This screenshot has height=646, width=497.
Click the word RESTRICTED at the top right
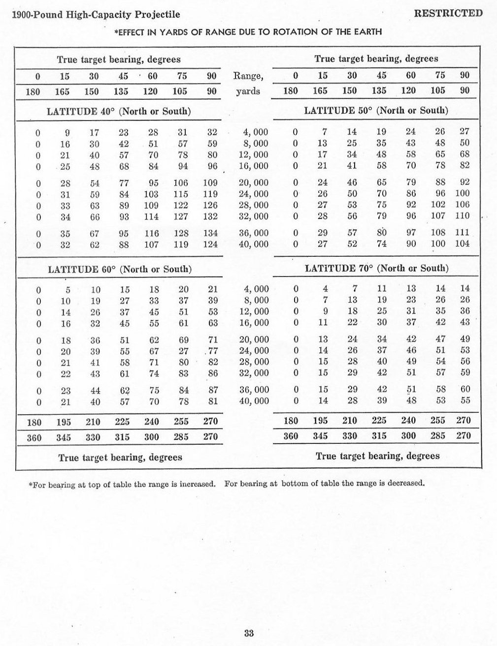point(448,13)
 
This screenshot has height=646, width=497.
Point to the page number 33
point(248,633)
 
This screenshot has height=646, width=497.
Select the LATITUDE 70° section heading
point(377,268)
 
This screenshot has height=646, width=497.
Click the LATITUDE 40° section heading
point(119,111)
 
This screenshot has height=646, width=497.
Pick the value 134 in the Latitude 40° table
point(210,233)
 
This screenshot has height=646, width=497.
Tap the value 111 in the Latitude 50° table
point(463,232)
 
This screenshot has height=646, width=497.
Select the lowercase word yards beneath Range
point(248,91)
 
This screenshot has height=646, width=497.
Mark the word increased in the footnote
point(197,484)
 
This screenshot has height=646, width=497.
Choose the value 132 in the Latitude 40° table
point(210,216)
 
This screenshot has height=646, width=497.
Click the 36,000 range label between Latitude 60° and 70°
point(254,390)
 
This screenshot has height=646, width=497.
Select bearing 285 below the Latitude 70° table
point(438,436)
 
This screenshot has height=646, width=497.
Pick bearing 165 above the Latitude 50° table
point(323,91)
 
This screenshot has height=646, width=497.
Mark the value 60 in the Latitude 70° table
point(465,389)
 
